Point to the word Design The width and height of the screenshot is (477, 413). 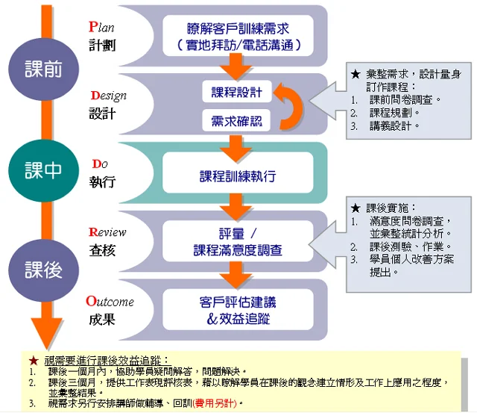tap(108, 96)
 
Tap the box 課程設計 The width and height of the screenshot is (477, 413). tap(237, 92)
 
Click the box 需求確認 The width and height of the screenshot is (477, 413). tap(237, 121)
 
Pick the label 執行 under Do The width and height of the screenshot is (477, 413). tap(102, 181)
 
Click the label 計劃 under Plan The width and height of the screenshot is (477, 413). tap(102, 45)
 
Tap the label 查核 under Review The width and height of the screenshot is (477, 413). tap(102, 250)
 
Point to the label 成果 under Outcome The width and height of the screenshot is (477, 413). tap(102, 319)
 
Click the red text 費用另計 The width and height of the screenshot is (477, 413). tap(216, 403)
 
